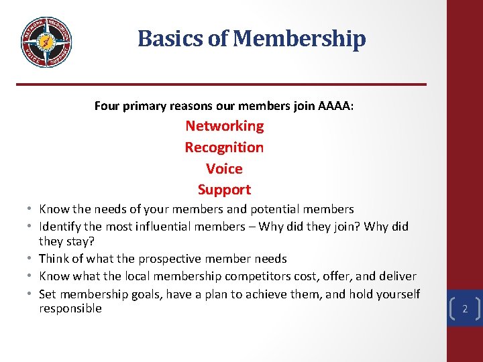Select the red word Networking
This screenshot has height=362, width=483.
click(224, 126)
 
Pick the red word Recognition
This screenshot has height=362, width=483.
click(224, 147)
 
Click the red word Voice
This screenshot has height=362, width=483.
click(224, 169)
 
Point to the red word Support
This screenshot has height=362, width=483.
click(224, 190)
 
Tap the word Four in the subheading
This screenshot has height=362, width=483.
click(107, 106)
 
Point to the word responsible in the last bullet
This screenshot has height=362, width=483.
click(70, 308)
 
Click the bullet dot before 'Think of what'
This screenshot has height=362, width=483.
click(32, 259)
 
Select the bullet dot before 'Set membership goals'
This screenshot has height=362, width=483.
click(32, 294)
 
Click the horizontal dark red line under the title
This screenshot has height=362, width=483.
click(221, 84)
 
